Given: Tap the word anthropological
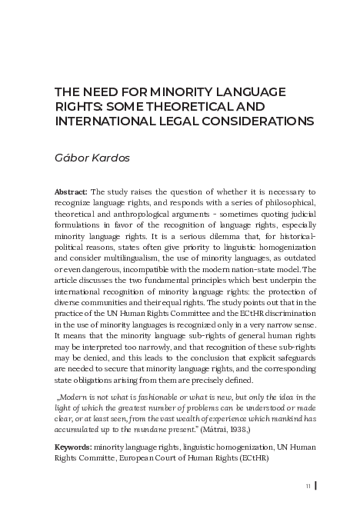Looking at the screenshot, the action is click(x=147, y=214).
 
